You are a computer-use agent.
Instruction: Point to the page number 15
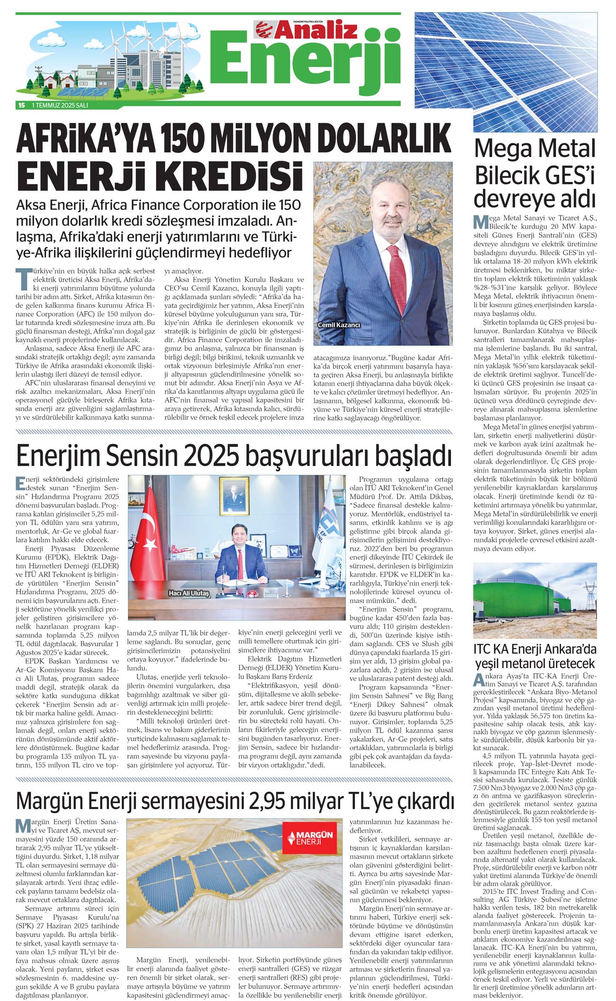click(x=21, y=106)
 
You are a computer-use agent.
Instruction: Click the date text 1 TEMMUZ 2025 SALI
click(x=60, y=106)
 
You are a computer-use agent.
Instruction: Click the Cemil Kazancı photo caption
click(x=340, y=325)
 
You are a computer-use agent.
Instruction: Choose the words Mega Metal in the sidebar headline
click(x=534, y=149)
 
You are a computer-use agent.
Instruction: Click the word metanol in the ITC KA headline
click(x=542, y=663)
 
